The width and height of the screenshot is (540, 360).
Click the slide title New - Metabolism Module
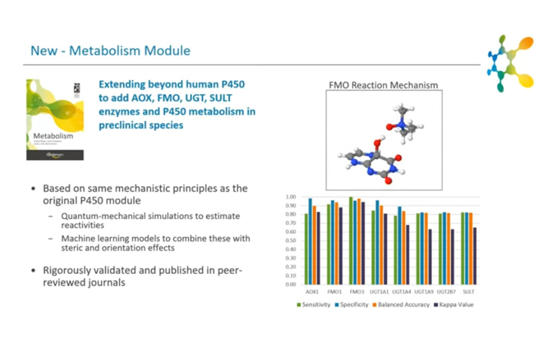point(110,51)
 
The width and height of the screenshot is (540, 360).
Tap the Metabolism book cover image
point(55,120)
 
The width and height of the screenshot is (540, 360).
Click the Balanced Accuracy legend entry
point(401,305)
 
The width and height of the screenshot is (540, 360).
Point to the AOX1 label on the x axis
point(312,291)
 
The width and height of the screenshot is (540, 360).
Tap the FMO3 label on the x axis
point(356,291)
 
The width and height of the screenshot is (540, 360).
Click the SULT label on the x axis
point(467,291)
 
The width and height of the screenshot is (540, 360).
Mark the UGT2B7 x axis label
point(446,291)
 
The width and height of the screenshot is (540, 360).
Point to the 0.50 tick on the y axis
point(291,241)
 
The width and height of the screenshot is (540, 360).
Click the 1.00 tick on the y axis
point(291,197)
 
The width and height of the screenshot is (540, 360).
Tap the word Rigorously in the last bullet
point(66,270)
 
